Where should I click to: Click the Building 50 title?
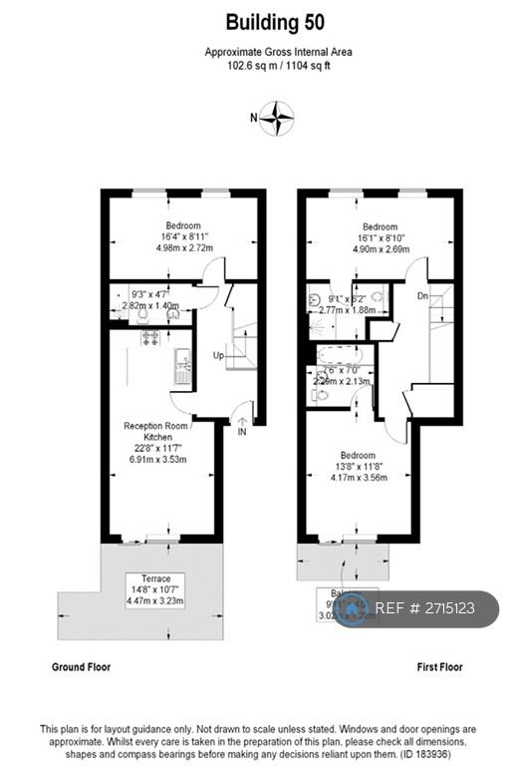pos(274,22)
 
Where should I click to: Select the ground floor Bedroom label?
pos(183,225)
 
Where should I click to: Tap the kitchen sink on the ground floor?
pos(182,370)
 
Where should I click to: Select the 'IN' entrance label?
pos(241,432)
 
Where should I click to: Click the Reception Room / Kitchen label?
pos(155,431)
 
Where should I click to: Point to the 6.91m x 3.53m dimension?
pos(155,459)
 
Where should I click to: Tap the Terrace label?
pos(156,578)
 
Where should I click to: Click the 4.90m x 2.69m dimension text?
pos(381,250)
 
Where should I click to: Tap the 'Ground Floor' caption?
pos(81,666)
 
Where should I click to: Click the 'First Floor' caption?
pos(439,666)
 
